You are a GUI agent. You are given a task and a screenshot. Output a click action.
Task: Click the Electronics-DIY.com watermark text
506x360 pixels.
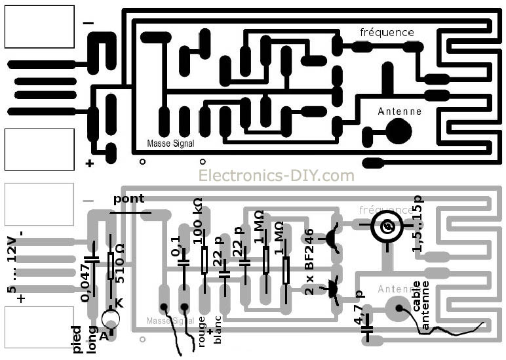pyautogui.click(x=276, y=176)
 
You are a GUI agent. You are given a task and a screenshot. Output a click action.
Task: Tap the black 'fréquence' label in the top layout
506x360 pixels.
pyautogui.click(x=387, y=32)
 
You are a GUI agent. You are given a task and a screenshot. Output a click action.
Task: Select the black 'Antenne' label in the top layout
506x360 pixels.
pyautogui.click(x=399, y=111)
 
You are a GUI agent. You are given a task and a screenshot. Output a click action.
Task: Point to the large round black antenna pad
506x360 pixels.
pyautogui.click(x=399, y=131)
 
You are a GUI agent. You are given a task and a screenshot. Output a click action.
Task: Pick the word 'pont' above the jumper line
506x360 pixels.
pyautogui.click(x=128, y=199)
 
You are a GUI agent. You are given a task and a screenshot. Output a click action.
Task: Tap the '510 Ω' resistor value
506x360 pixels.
pyautogui.click(x=121, y=268)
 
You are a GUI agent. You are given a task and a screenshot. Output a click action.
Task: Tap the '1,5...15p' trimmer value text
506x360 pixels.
pyautogui.click(x=418, y=224)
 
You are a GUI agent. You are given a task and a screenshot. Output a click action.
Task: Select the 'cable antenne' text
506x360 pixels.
pyautogui.click(x=421, y=304)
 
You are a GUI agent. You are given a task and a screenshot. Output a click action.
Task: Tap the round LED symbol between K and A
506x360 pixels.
pyautogui.click(x=111, y=319)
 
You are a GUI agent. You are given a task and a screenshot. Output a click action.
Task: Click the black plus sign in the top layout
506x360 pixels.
pyautogui.click(x=88, y=163)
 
